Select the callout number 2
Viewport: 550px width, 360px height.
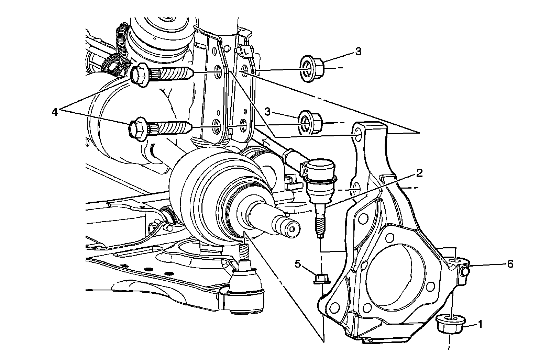[419, 173]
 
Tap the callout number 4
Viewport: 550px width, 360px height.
[55, 112]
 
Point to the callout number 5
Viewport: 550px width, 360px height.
[298, 264]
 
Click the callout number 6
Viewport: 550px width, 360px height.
[510, 264]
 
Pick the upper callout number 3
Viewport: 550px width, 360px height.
[358, 52]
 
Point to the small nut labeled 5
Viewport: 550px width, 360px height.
[322, 278]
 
